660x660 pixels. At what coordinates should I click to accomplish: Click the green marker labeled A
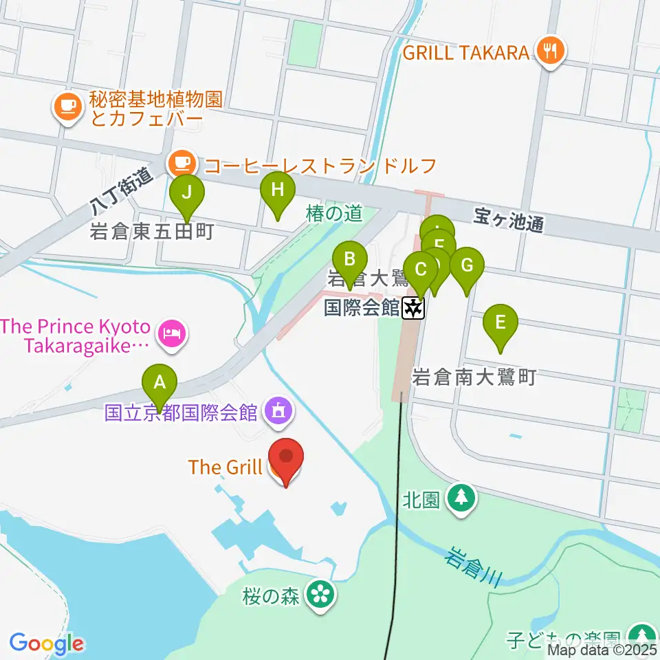click(x=159, y=382)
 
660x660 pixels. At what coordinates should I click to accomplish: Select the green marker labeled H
click(x=277, y=190)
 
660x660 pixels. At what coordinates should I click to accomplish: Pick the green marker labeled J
click(x=187, y=192)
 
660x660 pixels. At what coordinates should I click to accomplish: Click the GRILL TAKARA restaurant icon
click(x=550, y=51)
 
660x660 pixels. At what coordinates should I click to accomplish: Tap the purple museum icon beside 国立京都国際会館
click(x=278, y=412)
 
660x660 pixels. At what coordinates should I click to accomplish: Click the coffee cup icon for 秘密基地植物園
click(x=66, y=107)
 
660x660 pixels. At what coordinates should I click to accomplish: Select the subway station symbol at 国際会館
click(x=413, y=308)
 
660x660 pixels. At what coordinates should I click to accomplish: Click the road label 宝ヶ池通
click(x=509, y=223)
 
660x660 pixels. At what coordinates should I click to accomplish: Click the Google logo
click(x=46, y=643)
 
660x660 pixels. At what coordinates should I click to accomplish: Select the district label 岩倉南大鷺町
click(x=473, y=377)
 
